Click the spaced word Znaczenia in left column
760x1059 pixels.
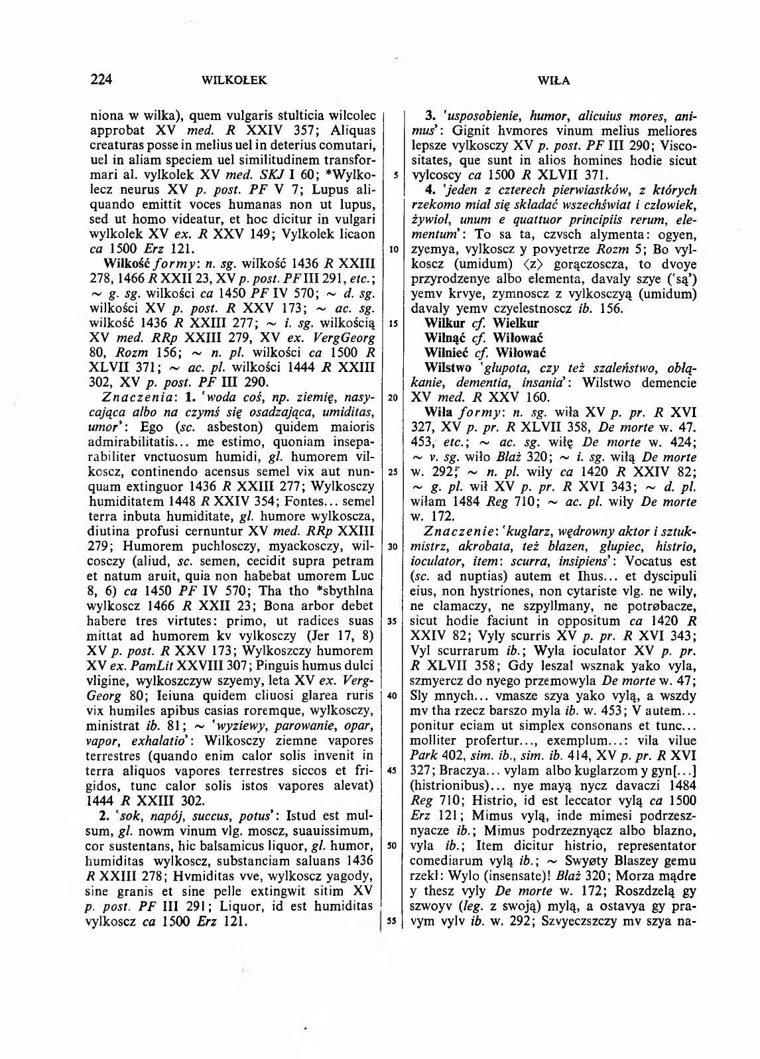(x=133, y=397)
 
